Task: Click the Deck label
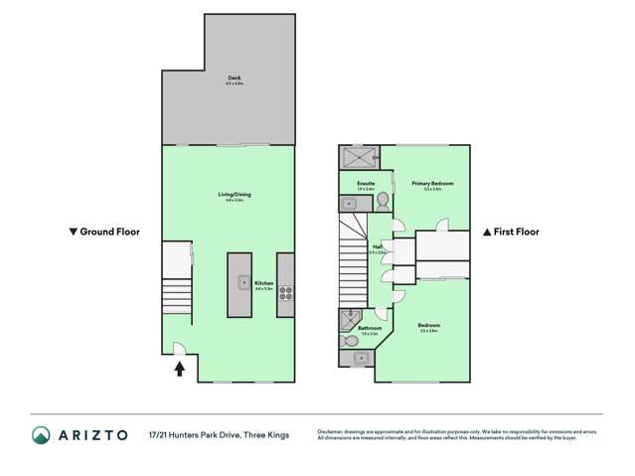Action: [235, 79]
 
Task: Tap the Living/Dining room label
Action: [235, 195]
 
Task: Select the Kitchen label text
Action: [263, 284]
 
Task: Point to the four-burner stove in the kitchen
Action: [285, 293]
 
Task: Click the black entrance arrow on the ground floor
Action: [180, 369]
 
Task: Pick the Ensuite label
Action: [365, 184]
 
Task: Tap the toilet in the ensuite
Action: [382, 202]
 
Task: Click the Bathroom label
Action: [370, 328]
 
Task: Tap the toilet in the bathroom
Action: [350, 341]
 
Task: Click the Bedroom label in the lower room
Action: [429, 326]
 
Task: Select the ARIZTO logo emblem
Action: [41, 434]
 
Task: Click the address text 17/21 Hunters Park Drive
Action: [219, 434]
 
